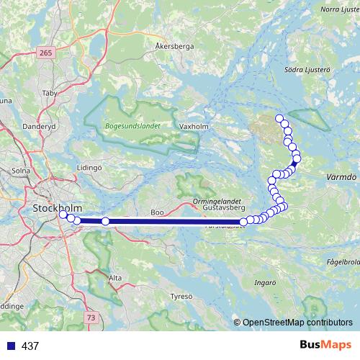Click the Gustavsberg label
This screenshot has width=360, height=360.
click(220, 207)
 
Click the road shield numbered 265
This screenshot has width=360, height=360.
click(47, 53)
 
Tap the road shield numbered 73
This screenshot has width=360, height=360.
click(90, 317)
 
